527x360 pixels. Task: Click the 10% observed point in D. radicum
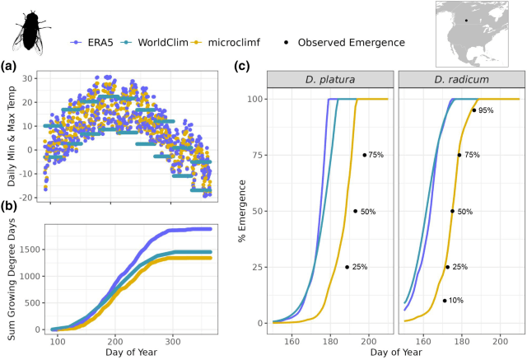445,301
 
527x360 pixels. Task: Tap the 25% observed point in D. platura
347,267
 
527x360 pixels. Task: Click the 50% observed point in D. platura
356,211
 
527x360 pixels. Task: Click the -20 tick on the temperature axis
33,199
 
